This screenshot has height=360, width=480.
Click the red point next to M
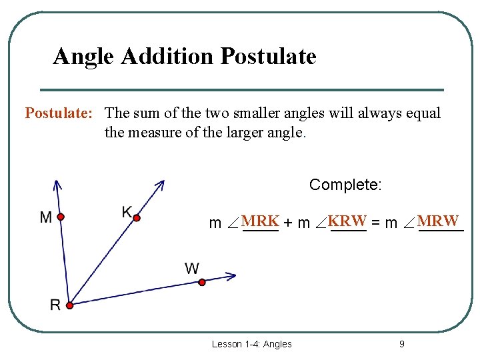pos(60,217)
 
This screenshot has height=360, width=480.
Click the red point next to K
pos(135,217)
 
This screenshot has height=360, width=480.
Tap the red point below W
pos(202,282)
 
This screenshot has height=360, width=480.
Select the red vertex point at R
pos(69,305)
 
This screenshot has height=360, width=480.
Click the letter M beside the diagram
pos(46,217)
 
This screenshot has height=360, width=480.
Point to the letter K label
pos(127,212)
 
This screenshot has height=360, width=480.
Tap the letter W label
pos(192,269)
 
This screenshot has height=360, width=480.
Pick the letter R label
pos(55,305)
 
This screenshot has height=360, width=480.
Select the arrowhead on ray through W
pos(231,275)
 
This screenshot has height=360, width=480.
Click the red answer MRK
pos(260,221)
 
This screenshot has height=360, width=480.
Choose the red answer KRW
pos(347,221)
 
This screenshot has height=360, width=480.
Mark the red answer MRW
pos(438,221)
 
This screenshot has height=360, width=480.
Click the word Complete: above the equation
pos(345,185)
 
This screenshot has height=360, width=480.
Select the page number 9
pos(401,344)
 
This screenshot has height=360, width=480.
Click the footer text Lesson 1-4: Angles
pos(251,344)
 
